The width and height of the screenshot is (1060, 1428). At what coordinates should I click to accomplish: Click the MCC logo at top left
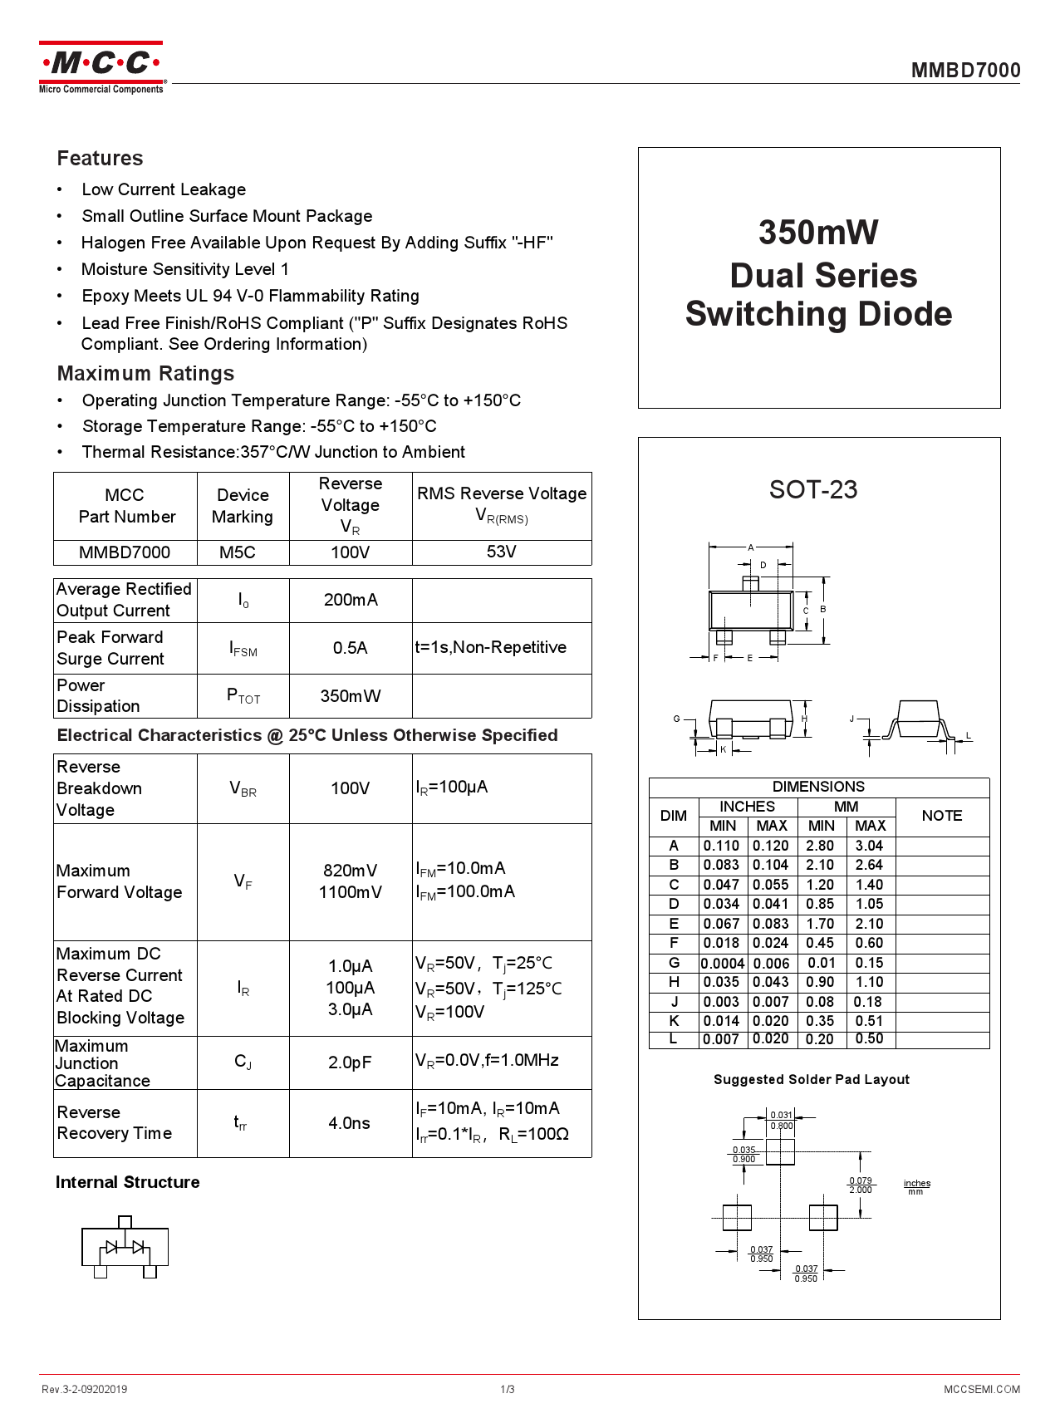pos(101,67)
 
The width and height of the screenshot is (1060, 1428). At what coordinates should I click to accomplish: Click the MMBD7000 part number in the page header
pos(965,71)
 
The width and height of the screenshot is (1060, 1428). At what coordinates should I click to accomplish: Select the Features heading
pos(100,159)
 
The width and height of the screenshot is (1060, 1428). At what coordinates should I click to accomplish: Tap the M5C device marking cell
pos(238,552)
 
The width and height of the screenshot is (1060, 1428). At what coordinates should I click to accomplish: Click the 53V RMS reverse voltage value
pos(501,552)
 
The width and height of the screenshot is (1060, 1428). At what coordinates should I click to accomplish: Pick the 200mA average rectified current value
pos(350,600)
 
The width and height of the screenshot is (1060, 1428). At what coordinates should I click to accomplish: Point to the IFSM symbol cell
pos(243,649)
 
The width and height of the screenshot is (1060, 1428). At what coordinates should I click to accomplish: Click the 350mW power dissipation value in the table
pos(350,696)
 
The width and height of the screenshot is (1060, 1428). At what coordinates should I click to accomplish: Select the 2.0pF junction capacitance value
pos(350,1062)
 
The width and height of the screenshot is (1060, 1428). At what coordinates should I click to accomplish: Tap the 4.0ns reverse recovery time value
pos(349,1123)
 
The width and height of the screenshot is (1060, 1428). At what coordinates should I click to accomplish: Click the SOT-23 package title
pos(812,490)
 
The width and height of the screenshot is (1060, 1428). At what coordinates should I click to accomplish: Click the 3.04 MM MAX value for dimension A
pos(870,846)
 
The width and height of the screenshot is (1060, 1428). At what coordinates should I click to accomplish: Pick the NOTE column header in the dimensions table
pos(941,816)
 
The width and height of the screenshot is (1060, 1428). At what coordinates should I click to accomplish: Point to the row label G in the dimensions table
pos(674,963)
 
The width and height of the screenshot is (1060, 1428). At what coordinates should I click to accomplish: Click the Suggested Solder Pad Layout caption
pos(811,1079)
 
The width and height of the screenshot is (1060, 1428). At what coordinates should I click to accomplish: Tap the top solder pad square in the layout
pos(780,1151)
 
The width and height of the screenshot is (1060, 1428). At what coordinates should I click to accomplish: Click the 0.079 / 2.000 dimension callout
pos(861,1185)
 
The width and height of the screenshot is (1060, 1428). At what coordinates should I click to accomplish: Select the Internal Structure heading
pos(127,1182)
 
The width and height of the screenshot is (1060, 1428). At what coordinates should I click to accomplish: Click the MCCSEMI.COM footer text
pos(981,1389)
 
